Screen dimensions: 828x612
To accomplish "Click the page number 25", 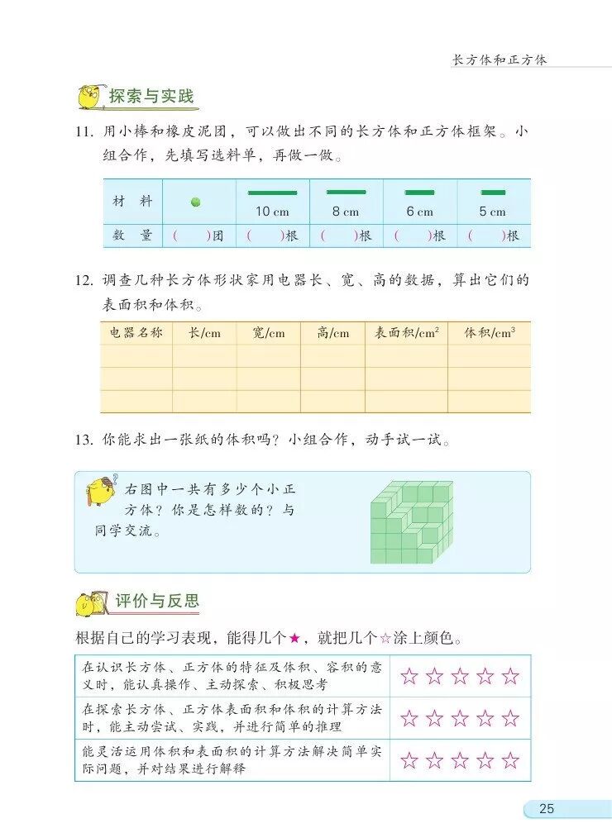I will pyautogui.click(x=547, y=808).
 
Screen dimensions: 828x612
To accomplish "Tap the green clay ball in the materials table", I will pyautogui.click(x=196, y=202).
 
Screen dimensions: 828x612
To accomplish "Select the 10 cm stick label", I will pyautogui.click(x=272, y=212).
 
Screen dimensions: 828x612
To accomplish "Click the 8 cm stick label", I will pyautogui.click(x=346, y=212).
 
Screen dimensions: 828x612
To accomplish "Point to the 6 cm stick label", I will pyautogui.click(x=419, y=212).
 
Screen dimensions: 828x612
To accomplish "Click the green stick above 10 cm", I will pyautogui.click(x=272, y=193).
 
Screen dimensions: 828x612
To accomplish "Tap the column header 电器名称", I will pyautogui.click(x=136, y=333).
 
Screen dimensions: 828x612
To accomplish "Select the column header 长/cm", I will pyautogui.click(x=204, y=333).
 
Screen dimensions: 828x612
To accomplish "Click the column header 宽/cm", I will pyautogui.click(x=268, y=333).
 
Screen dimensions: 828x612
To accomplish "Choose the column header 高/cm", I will pyautogui.click(x=332, y=333).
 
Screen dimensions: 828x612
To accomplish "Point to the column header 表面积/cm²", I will pyautogui.click(x=406, y=333).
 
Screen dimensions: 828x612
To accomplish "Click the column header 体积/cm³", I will pyautogui.click(x=490, y=333).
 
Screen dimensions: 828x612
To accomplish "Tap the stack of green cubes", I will pyautogui.click(x=411, y=522).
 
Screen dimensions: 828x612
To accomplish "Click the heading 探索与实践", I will pyautogui.click(x=151, y=97).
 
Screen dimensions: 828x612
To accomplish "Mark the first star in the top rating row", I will pyautogui.click(x=409, y=676).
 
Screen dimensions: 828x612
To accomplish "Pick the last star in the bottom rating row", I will pyautogui.click(x=510, y=760).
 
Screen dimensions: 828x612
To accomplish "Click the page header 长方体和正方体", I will pyautogui.click(x=500, y=60).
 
